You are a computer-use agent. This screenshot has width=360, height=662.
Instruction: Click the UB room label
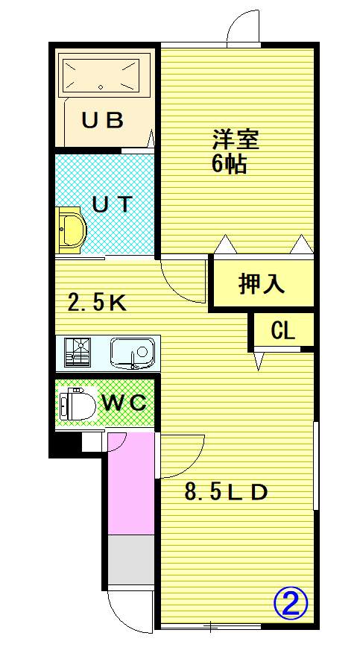click(103, 120)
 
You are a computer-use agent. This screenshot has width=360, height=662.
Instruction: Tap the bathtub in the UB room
click(101, 75)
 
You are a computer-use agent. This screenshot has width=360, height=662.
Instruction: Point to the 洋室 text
click(235, 141)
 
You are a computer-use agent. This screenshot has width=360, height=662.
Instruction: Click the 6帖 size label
click(229, 164)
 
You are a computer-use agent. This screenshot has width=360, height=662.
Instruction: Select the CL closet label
click(282, 331)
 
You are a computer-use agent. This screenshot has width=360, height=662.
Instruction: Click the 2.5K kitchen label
click(97, 302)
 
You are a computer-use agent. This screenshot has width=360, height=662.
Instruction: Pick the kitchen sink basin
click(132, 352)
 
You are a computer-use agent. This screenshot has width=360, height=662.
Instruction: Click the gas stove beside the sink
click(78, 352)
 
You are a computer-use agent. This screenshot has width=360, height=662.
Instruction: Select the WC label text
click(125, 403)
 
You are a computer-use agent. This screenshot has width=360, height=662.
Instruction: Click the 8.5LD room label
click(227, 492)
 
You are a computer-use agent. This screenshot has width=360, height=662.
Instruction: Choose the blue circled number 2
click(291, 604)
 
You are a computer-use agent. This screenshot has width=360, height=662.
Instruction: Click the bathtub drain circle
click(101, 87)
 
